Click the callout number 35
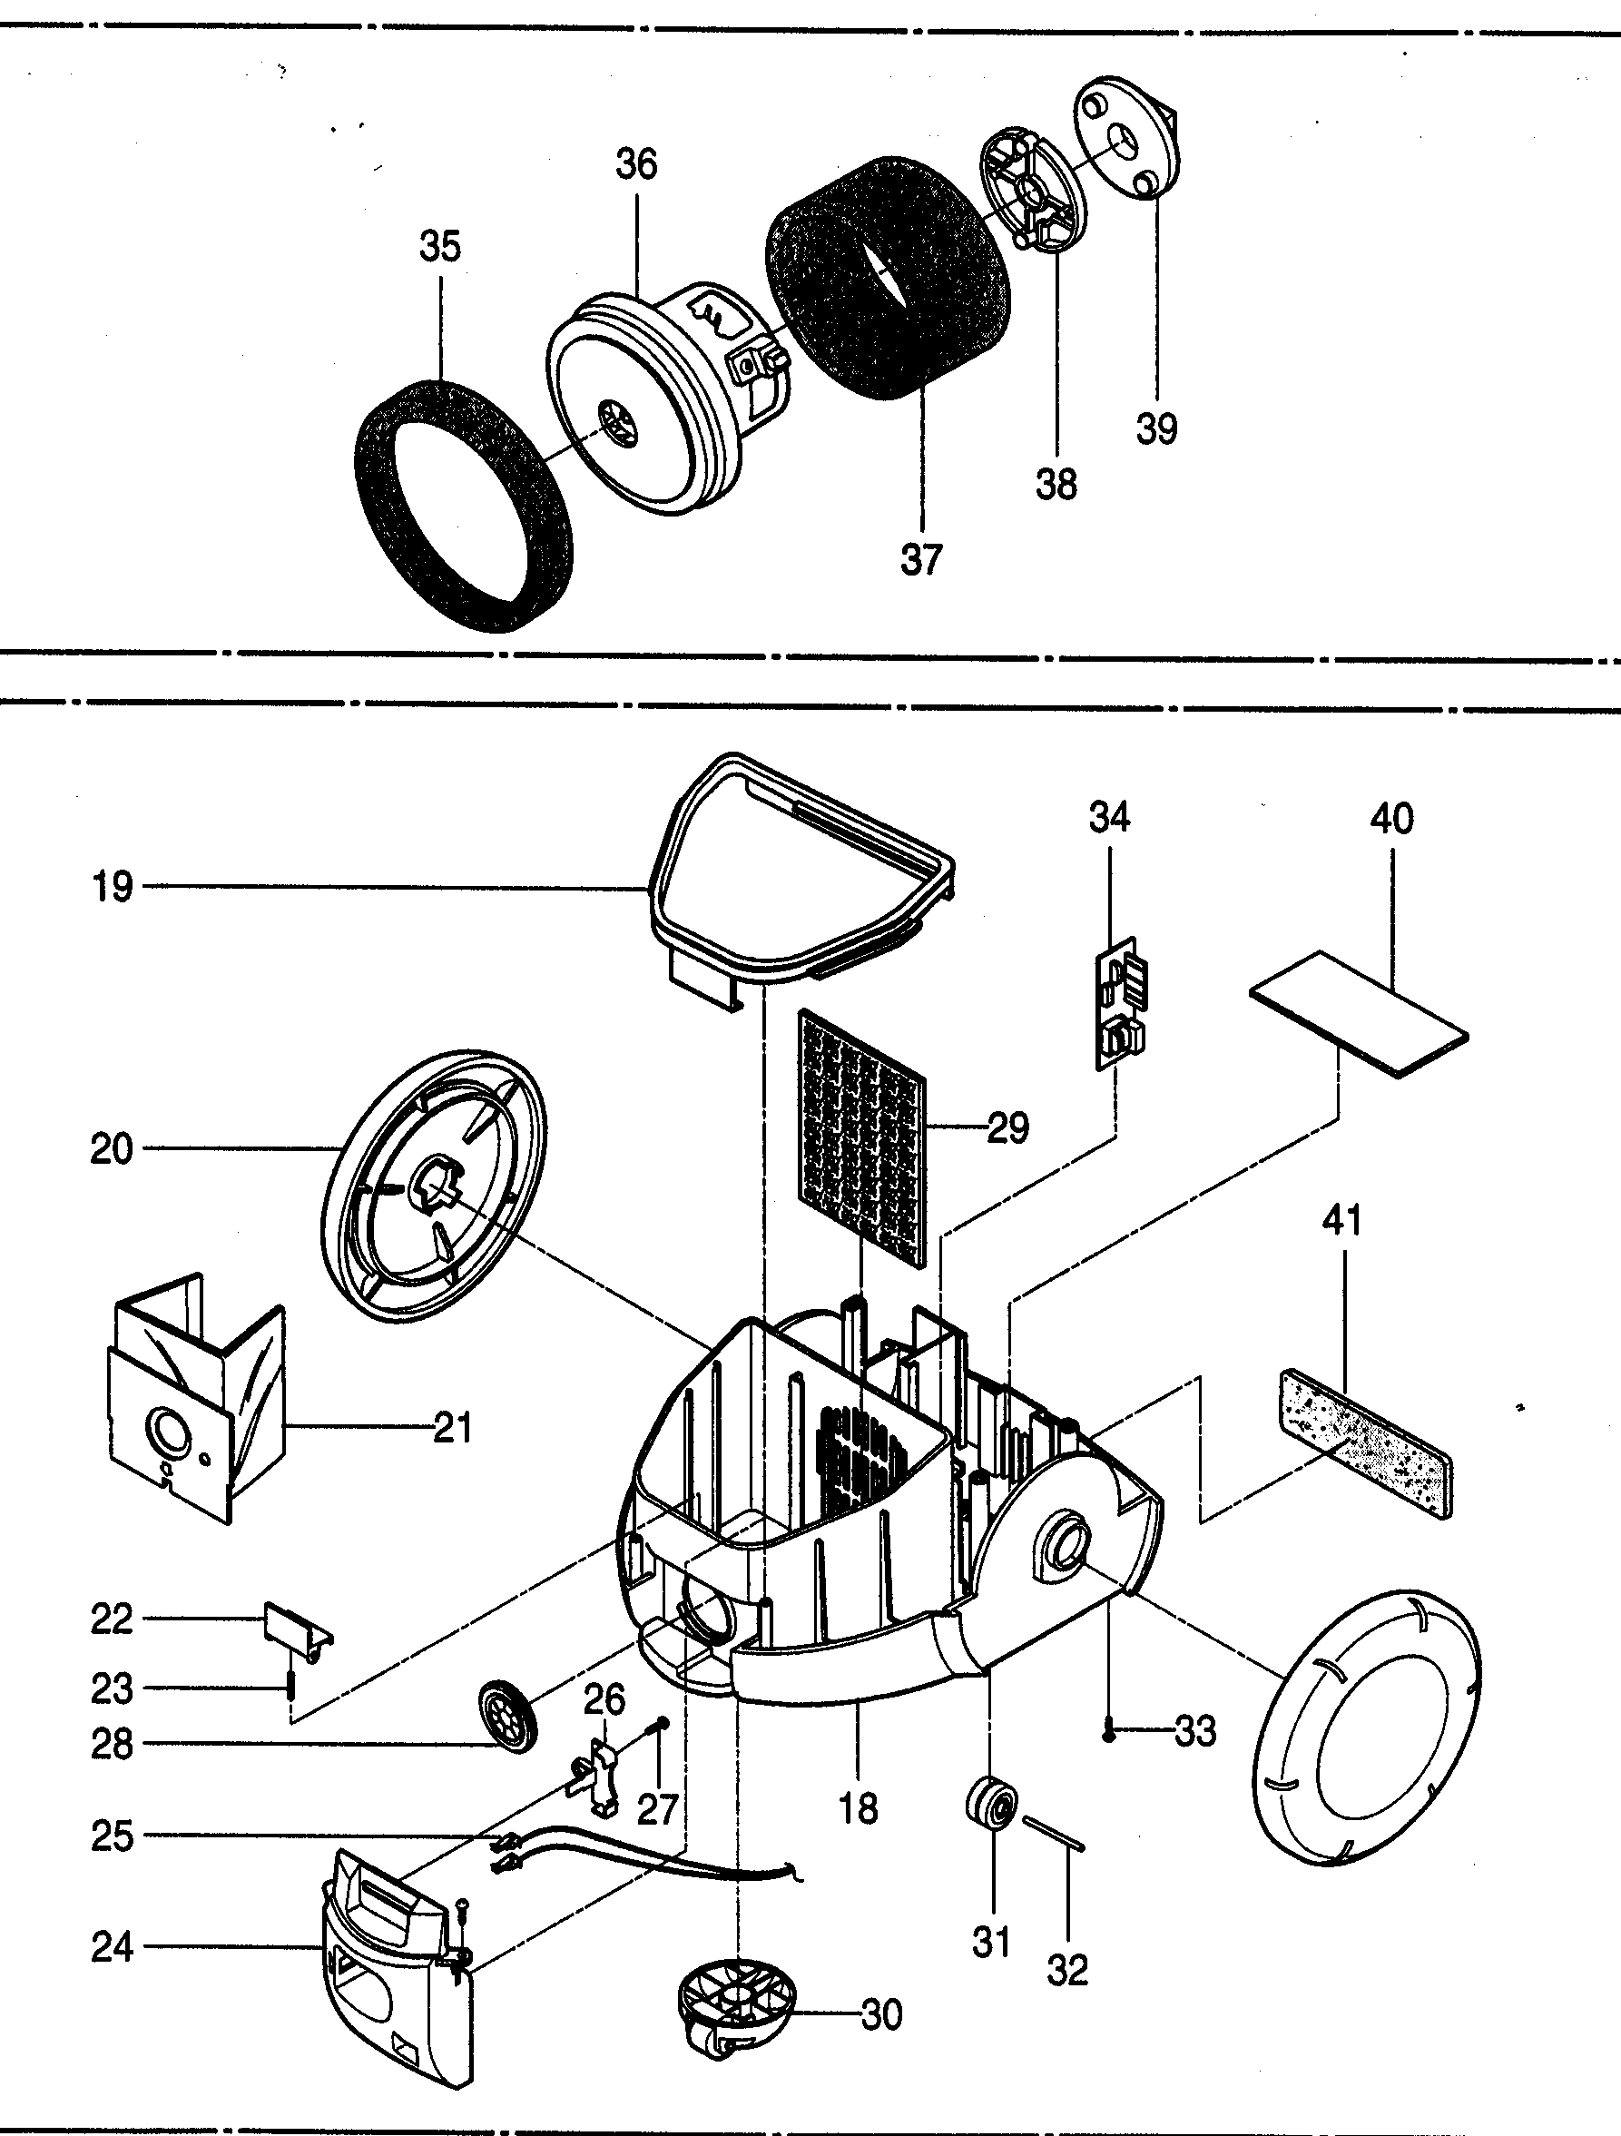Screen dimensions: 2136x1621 tap(439, 246)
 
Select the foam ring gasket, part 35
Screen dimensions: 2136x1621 tap(381, 464)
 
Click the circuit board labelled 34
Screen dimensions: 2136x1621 tap(1120, 1004)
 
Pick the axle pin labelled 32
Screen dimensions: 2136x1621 tap(1056, 1833)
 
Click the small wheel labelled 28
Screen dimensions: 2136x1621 tap(506, 1713)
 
